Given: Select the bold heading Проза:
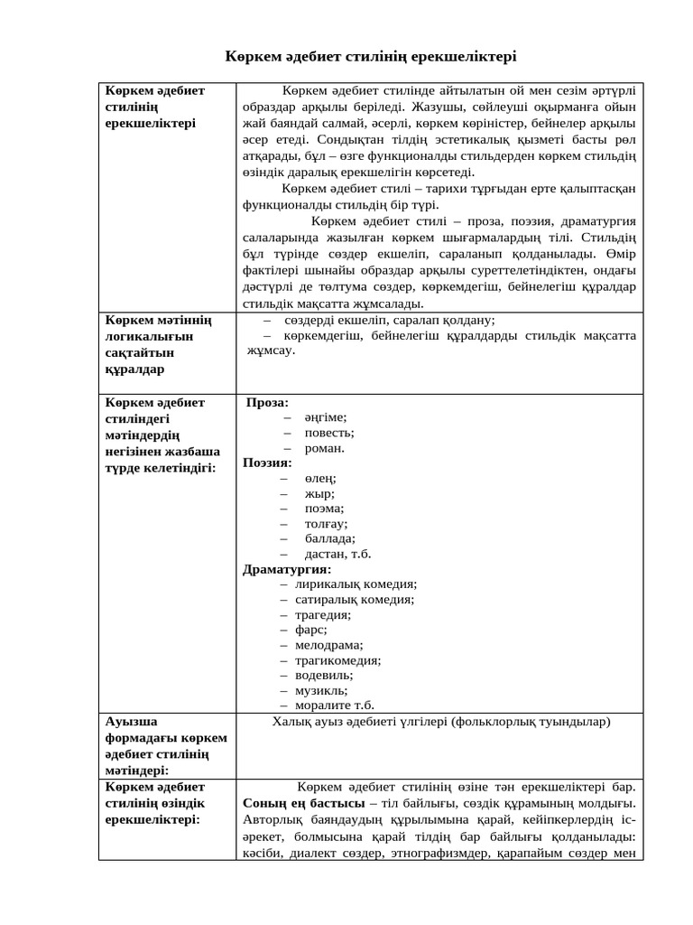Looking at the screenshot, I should tap(268, 402).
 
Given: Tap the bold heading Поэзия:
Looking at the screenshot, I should tap(267, 462).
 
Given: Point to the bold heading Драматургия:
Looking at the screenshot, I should tap(287, 569).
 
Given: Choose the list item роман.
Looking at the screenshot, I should tap(324, 447).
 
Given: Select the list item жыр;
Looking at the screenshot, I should tap(319, 493).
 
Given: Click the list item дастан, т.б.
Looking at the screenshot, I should tap(337, 554).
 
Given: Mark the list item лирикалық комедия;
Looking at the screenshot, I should tap(356, 584).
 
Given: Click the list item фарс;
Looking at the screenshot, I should tap(311, 630).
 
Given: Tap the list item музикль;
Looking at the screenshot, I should tap(321, 690).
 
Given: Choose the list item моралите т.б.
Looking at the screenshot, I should tap(334, 705).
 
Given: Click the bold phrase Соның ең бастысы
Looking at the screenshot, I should tap(303, 802).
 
